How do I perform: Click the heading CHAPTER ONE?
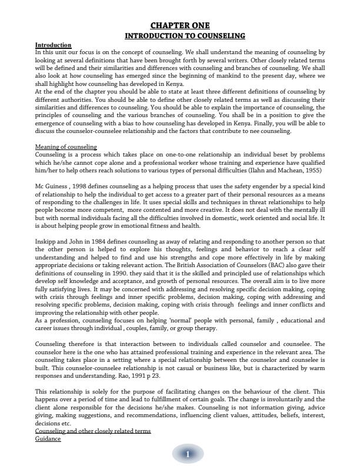(180, 25)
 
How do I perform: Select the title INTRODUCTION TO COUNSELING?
(180, 36)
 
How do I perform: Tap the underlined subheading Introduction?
(53, 45)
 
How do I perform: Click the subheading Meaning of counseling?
(66, 147)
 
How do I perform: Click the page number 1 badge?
(187, 454)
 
